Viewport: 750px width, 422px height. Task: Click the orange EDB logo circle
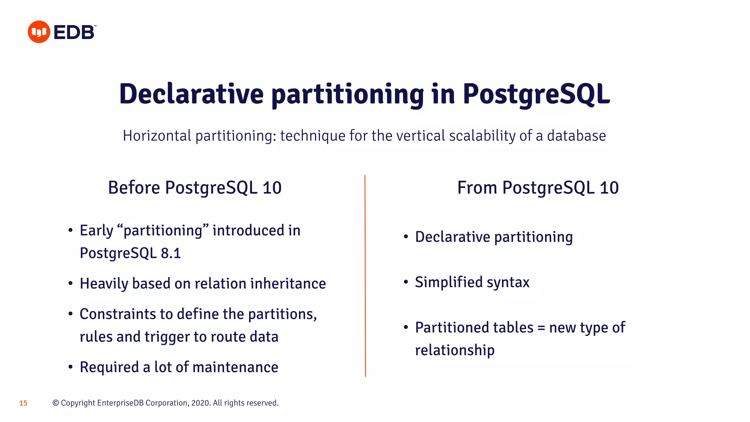tap(39, 32)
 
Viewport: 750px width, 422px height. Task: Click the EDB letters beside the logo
tap(74, 33)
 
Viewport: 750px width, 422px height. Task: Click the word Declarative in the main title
tap(191, 94)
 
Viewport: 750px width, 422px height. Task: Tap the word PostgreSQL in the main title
tap(536, 94)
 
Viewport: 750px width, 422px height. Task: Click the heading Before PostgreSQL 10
tap(194, 188)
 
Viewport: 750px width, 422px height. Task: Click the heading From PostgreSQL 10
tap(538, 188)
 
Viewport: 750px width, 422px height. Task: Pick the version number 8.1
tap(171, 253)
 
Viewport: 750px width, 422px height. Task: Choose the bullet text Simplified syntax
tap(472, 282)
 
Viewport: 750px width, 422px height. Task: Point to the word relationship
tap(454, 350)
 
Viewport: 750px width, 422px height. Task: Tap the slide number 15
tap(23, 403)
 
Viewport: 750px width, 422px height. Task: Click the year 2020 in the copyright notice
tap(200, 403)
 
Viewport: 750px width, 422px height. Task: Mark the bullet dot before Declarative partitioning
tap(406, 237)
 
